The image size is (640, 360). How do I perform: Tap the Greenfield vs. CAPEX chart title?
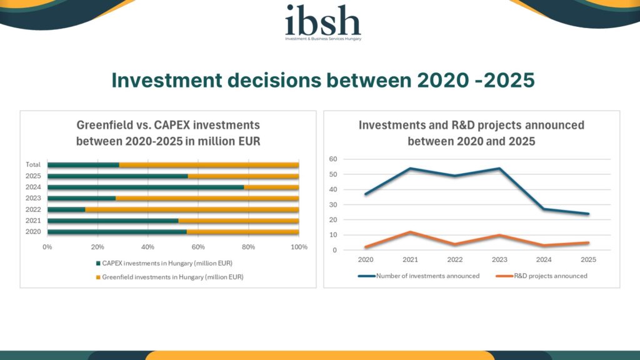[167, 132]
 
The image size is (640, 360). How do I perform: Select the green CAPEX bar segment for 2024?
[146, 187]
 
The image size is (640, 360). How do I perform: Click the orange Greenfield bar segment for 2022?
[192, 209]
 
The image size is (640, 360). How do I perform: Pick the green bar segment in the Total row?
[83, 165]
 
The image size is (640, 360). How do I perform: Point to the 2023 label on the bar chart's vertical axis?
[33, 198]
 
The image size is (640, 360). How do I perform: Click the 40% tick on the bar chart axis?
[147, 247]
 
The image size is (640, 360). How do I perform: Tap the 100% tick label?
[299, 247]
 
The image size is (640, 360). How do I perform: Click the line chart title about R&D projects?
[471, 132]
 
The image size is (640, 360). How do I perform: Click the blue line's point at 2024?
[543, 209]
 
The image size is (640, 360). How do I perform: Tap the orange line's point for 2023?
[498, 235]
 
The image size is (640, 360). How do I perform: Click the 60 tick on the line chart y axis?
[333, 159]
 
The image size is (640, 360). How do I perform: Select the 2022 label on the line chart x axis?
[454, 259]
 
